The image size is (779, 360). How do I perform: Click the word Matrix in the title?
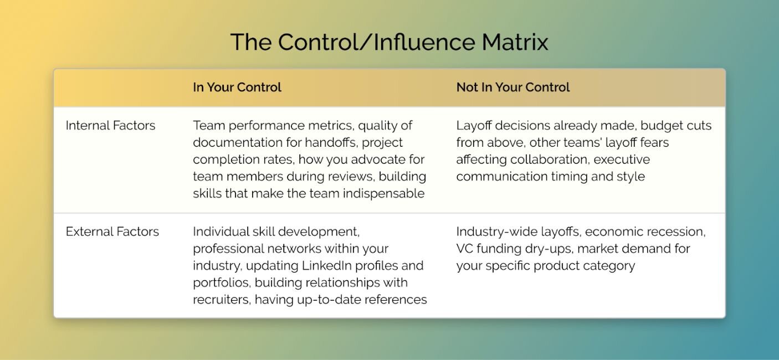515,42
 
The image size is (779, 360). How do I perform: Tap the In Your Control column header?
237,87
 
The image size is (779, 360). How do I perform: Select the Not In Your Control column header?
513,87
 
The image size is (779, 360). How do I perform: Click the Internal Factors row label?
111,125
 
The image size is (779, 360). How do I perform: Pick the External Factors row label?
112,232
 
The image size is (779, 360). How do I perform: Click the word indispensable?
384,194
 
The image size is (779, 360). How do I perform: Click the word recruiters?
222,300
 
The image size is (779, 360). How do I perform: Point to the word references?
396,300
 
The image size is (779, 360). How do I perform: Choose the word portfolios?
222,283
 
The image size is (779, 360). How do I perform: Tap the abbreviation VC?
464,249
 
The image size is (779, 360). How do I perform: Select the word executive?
622,160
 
